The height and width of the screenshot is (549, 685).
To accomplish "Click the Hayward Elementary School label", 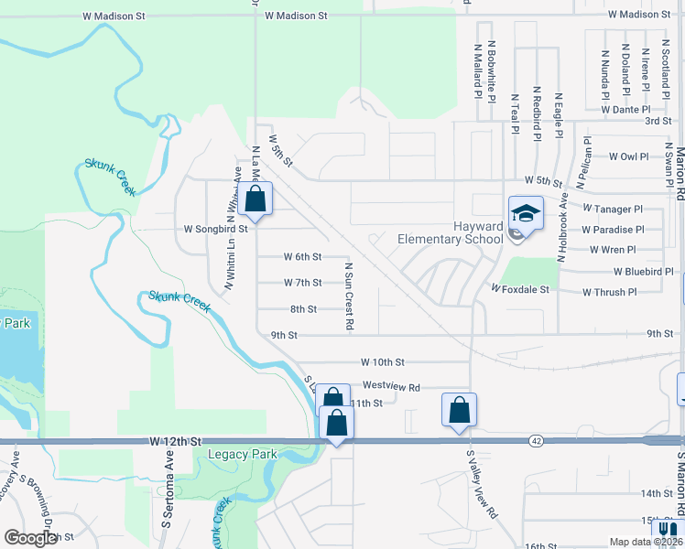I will [451, 232].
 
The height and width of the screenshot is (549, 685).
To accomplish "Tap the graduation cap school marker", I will [526, 215].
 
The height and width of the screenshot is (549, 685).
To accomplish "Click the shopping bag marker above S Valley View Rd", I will [460, 409].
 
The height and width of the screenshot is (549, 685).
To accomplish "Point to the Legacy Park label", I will [242, 454].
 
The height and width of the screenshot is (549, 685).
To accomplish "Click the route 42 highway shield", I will [535, 441].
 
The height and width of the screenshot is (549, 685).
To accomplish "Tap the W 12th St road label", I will [173, 441].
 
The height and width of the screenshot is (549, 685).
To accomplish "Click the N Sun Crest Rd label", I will [349, 296].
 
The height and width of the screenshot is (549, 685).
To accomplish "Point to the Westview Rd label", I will [391, 387].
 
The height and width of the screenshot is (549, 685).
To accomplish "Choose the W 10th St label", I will [382, 363].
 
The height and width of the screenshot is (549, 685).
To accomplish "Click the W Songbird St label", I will [216, 229].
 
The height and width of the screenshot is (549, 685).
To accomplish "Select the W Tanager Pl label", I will [613, 209].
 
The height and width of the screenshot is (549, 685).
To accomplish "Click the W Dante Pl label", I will [625, 110].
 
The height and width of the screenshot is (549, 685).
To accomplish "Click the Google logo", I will [30, 538].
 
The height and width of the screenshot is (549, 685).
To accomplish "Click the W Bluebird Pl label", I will [643, 272].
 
